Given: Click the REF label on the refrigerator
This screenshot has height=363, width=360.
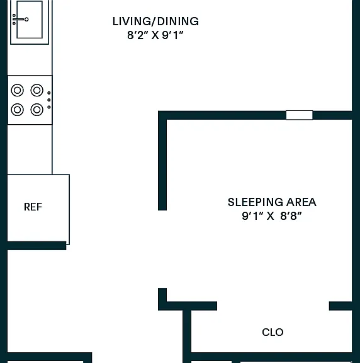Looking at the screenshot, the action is coord(33,207).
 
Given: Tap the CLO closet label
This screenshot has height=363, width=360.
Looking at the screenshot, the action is coord(273,332).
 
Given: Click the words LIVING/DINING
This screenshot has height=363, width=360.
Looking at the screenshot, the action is coord(155,21).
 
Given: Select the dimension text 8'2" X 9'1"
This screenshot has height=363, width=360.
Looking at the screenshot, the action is coord(155,35).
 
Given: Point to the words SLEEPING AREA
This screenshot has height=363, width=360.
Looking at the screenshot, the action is coord(272,202).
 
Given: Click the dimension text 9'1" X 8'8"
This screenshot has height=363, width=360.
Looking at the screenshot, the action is coord(272,216).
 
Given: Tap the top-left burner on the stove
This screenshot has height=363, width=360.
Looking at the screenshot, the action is coord(18,90).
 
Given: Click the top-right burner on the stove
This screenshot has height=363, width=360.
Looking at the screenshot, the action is coord(37,90).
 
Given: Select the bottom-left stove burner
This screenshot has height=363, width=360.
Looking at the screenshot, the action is coord(18,110).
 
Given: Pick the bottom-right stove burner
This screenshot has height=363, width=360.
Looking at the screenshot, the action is coord(37,110).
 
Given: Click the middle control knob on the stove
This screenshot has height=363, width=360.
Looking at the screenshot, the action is coord(49,100).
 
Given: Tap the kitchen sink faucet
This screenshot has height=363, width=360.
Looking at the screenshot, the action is coord(20,20).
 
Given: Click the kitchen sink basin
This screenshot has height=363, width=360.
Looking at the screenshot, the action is coord(30,20).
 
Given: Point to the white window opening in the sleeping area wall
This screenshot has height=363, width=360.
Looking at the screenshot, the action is coord(299,115).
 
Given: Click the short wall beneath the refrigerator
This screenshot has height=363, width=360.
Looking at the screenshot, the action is coord(37,246).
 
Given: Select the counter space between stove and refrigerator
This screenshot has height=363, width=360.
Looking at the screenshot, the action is coord(30,149).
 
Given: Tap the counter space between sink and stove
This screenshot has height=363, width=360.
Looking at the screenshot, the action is coord(30,59).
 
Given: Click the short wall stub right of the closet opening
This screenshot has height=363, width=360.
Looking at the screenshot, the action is coord(340,306).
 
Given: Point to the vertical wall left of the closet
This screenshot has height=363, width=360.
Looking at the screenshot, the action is coord(187,336).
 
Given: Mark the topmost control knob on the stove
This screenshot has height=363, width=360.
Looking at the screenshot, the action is coord(49,93).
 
